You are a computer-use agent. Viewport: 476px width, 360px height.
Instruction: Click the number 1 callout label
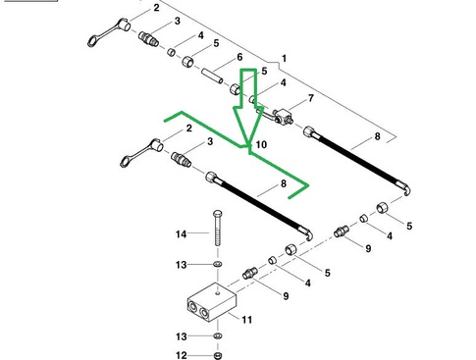pyautogui.click(x=284, y=59)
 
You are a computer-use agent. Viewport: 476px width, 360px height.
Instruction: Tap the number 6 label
pyautogui.click(x=239, y=57)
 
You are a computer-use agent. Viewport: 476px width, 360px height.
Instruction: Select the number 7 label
pyautogui.click(x=310, y=98)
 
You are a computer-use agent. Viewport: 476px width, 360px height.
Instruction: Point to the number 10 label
pyautogui.click(x=261, y=144)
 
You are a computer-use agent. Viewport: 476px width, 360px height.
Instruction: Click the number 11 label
pyautogui.click(x=246, y=319)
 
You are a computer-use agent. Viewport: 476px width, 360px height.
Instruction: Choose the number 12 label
pyautogui.click(x=182, y=355)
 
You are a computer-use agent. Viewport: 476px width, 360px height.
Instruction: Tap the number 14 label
pyautogui.click(x=181, y=234)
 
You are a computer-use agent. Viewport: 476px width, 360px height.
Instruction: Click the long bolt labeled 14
pyautogui.click(x=218, y=228)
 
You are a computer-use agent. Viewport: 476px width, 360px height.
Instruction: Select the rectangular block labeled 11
pyautogui.click(x=212, y=301)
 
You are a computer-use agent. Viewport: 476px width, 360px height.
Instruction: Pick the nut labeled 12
pyautogui.click(x=218, y=355)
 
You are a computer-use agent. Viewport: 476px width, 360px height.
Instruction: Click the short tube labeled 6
pyautogui.click(x=212, y=76)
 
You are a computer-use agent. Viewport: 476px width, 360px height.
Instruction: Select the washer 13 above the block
pyautogui.click(x=218, y=264)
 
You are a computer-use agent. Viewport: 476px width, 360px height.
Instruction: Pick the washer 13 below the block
pyautogui.click(x=218, y=335)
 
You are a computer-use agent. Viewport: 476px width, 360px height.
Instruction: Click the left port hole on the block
pyautogui.click(x=192, y=307)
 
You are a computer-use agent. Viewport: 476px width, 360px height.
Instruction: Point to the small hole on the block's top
pyautogui.click(x=218, y=293)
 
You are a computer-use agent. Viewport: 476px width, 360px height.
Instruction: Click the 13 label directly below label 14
pyautogui.click(x=181, y=265)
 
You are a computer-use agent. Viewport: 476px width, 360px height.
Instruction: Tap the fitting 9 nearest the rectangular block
pyautogui.click(x=250, y=273)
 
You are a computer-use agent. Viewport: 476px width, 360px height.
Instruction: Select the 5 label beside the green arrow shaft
pyautogui.click(x=264, y=71)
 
